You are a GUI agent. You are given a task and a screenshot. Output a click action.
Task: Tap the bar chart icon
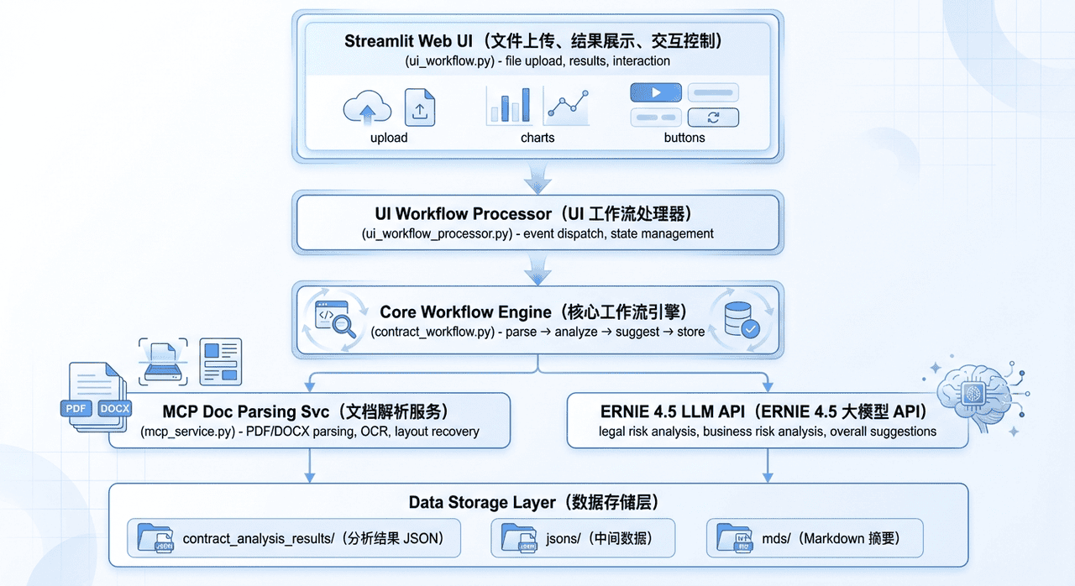coord(509,106)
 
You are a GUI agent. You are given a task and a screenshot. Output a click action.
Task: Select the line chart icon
coord(567,106)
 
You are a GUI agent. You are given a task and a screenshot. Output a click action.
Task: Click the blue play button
coord(655,92)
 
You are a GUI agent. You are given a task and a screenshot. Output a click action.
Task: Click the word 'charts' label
coord(537,138)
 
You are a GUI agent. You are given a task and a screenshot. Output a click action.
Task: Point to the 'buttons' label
coord(684,138)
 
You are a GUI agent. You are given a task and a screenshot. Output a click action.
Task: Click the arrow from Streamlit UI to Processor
coord(537,176)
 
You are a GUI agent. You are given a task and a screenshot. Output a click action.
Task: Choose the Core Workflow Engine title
coord(533,312)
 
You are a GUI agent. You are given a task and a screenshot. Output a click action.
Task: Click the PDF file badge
coord(76,409)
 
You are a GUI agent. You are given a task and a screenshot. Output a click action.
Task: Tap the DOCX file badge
coord(114,409)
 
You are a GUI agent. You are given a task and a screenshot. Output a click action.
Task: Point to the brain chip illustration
coord(974,395)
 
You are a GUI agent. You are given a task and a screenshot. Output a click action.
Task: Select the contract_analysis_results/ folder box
coord(294,538)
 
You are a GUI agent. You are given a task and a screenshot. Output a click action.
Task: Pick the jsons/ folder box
coord(583,538)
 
